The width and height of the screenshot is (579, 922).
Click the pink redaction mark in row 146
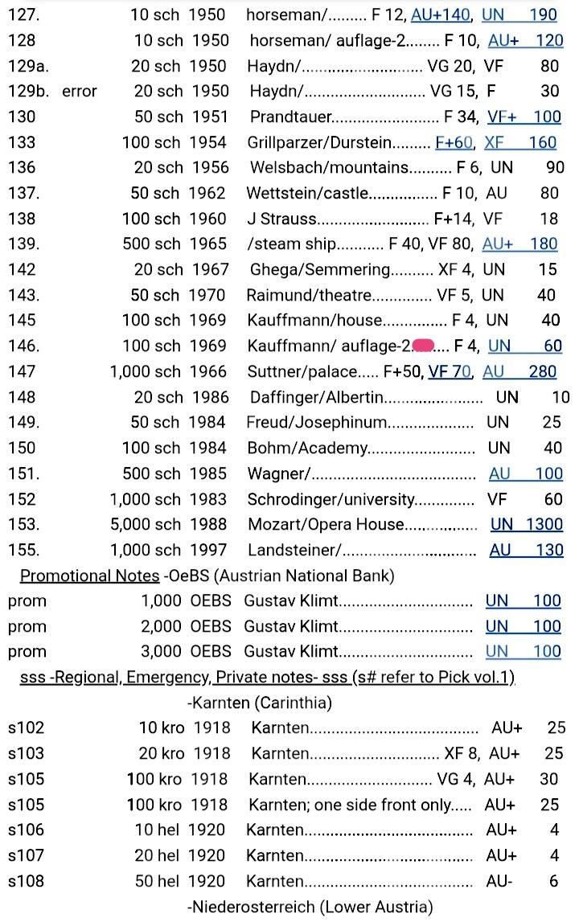tap(423, 346)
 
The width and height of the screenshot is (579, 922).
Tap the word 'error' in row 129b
tap(79, 91)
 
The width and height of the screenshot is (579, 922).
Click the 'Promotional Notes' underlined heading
tap(89, 576)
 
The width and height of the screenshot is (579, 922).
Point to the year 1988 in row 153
tap(208, 524)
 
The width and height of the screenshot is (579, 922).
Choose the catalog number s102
tap(26, 728)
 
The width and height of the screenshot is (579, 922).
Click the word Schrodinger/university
tap(331, 499)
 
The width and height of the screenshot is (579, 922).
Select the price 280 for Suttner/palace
tap(543, 371)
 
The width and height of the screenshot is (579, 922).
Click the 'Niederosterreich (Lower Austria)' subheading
tap(310, 907)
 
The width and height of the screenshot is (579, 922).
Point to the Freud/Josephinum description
tap(318, 422)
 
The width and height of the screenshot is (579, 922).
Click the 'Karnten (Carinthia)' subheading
tap(260, 703)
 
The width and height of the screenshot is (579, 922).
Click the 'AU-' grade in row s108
tap(499, 881)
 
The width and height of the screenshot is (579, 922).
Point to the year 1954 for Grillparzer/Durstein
tap(208, 142)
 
